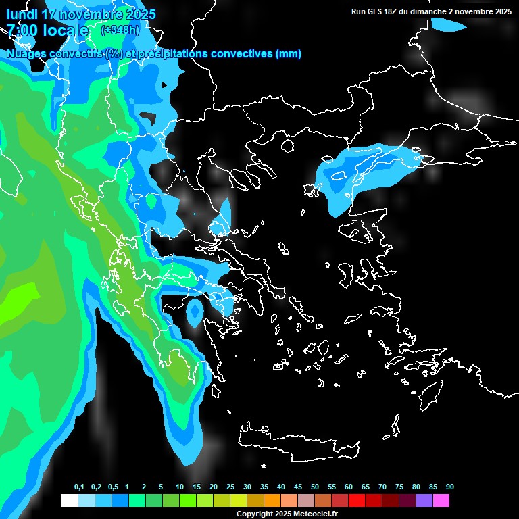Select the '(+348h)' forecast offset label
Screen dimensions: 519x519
pyautogui.click(x=120, y=30)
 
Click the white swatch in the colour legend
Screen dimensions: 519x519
pyautogui.click(x=69, y=501)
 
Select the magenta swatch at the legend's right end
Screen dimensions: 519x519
pyautogui.click(x=441, y=501)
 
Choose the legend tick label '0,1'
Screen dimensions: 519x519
pyautogui.click(x=79, y=487)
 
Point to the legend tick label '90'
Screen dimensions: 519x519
pyautogui.click(x=449, y=487)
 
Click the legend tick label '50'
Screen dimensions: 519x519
pyautogui.click(x=315, y=487)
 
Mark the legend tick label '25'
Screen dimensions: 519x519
pyautogui.click(x=230, y=487)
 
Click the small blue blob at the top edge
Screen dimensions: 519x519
pyautogui.click(x=449, y=26)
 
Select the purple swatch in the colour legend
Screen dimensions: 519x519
pyautogui.click(x=424, y=501)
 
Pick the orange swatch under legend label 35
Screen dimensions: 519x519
pyautogui.click(x=272, y=501)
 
